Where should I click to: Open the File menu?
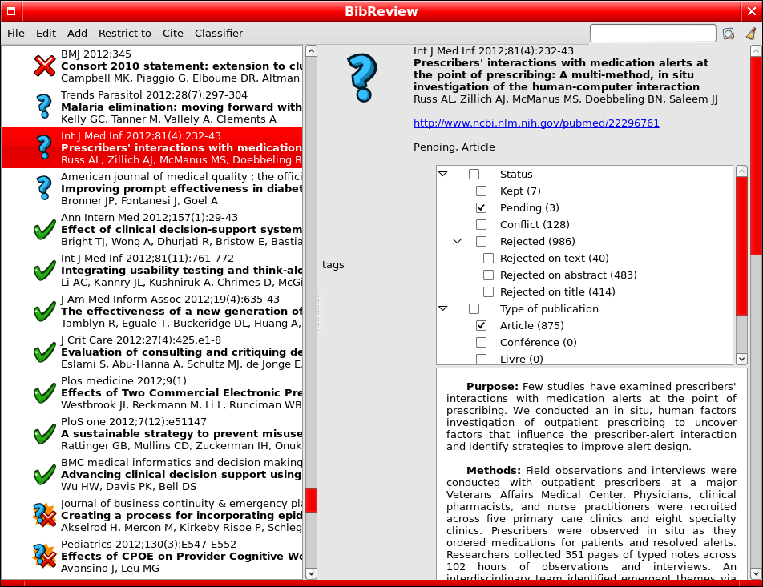pos(16,34)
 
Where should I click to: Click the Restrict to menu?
pos(124,34)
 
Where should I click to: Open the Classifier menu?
pos(218,34)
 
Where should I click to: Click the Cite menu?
pos(172,34)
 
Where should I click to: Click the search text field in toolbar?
pos(652,34)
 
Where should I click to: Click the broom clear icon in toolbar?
pos(750,34)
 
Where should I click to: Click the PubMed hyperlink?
pos(536,123)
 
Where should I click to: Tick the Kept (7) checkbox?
pos(482,191)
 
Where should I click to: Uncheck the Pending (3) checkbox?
pos(482,208)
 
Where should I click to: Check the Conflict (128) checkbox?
pos(482,225)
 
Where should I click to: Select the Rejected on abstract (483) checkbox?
pos(489,275)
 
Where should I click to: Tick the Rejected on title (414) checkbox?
pos(489,292)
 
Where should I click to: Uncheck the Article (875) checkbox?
pos(482,326)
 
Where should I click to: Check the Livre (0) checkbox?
pos(482,360)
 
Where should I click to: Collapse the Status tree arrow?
pos(442,174)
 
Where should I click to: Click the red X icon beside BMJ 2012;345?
pos(44,66)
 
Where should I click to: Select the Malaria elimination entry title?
pos(181,107)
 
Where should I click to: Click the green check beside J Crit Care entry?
pos(44,353)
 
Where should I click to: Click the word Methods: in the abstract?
pos(494,470)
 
